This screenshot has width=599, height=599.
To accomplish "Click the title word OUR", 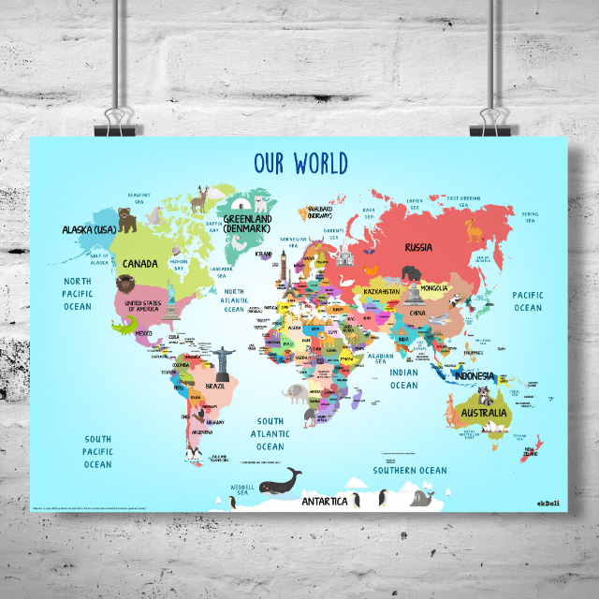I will click(x=272, y=164).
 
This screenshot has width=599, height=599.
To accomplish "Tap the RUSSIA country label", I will click(x=418, y=248).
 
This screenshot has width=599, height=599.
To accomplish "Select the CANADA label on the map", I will click(x=140, y=264).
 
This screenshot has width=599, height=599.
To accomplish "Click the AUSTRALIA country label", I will click(x=484, y=413).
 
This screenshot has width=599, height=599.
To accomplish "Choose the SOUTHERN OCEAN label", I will click(x=410, y=470).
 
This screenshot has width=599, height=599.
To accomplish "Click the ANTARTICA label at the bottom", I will click(x=325, y=502).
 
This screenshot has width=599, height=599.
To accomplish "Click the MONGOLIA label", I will click(x=434, y=287).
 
